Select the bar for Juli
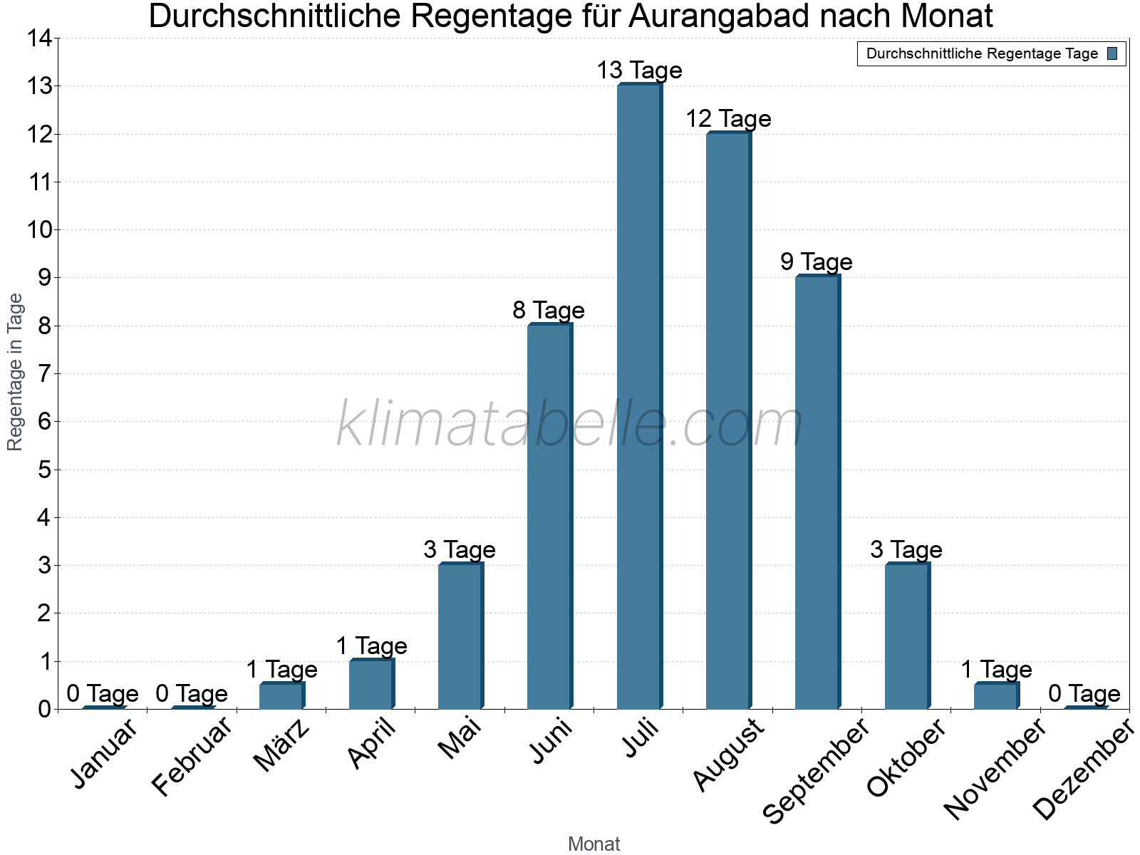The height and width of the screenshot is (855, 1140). pos(638,396)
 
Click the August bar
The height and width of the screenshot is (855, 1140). pos(727,420)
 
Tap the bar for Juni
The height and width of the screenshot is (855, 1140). pos(549,516)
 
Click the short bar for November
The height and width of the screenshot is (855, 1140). pos(995,695)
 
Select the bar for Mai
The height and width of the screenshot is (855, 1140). pos(460,636)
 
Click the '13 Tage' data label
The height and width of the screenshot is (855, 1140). pos(639,71)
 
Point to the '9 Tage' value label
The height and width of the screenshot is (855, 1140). pos(816,261)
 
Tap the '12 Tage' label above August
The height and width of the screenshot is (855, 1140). pos(728,118)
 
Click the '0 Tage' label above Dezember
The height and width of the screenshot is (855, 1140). pos(1084,693)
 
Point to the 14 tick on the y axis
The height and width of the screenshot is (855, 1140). pos(40,38)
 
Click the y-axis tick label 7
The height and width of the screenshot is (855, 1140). pos(45,373)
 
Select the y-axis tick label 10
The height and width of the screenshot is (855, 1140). pos(40,230)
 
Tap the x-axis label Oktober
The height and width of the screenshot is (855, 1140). pos(906,757)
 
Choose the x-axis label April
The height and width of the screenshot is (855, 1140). pos(372,744)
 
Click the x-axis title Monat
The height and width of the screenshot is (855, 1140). pos(594,844)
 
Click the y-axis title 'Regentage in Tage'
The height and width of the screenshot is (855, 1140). pos(16,372)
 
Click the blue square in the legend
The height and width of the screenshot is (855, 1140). pos(1112,53)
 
